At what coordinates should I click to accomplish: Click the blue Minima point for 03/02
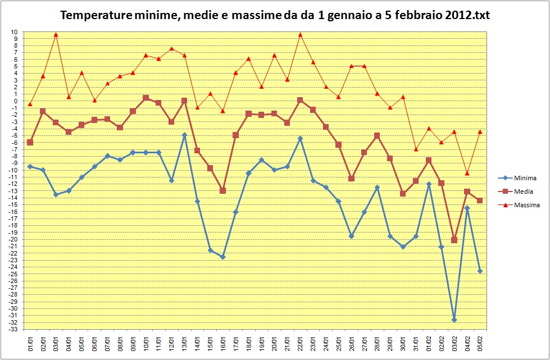pyautogui.click(x=454, y=320)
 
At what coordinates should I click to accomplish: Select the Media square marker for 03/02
pyautogui.click(x=454, y=240)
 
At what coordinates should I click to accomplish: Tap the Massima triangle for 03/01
pyautogui.click(x=56, y=34)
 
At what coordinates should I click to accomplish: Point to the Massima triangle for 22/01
pyautogui.click(x=300, y=34)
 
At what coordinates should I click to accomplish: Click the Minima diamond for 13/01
pyautogui.click(x=184, y=135)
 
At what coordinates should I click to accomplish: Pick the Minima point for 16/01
pyautogui.click(x=222, y=257)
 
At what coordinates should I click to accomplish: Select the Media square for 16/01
pyautogui.click(x=222, y=190)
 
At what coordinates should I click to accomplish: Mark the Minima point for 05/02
pyautogui.click(x=480, y=271)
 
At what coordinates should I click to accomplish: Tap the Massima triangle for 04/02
pyautogui.click(x=467, y=173)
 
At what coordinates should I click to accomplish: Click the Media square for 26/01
pyautogui.click(x=351, y=179)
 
